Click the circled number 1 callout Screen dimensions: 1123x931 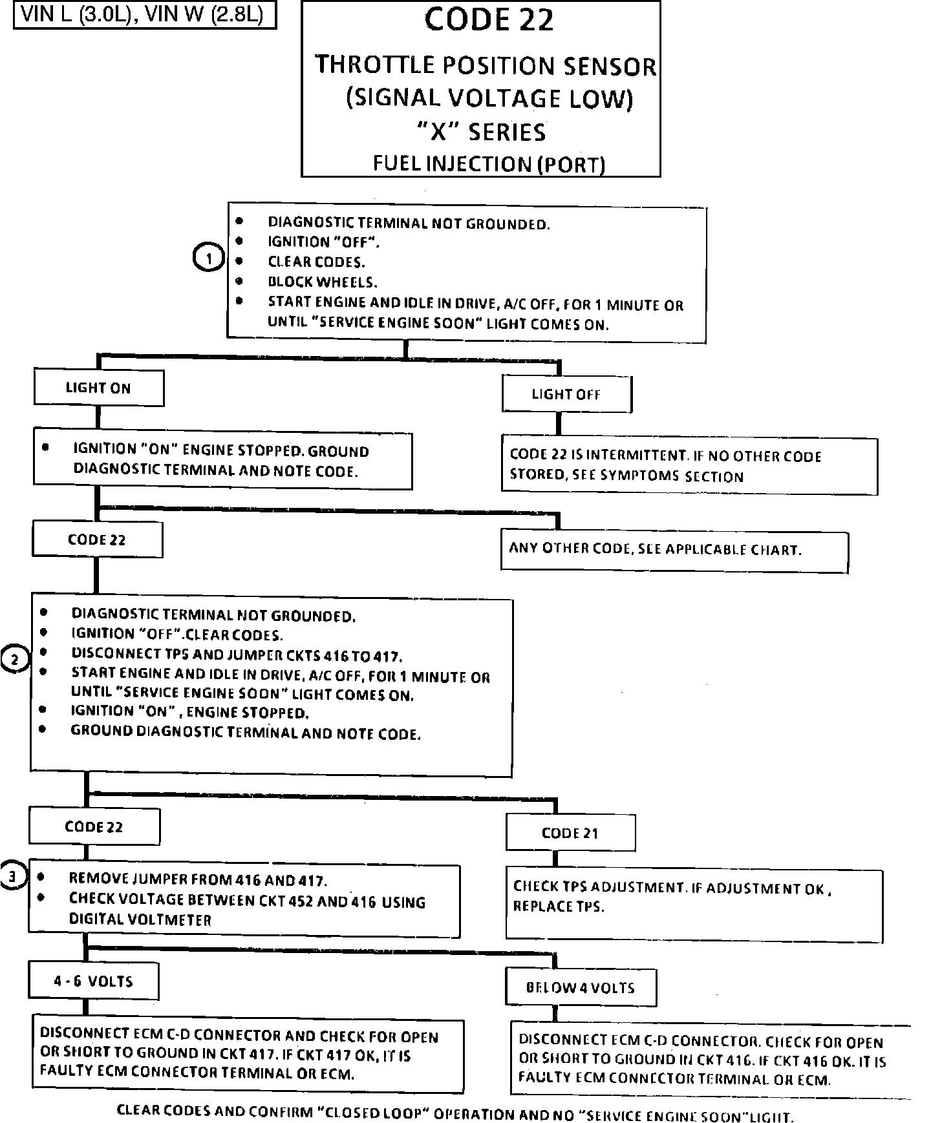click(x=208, y=258)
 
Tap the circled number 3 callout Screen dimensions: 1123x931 click(x=12, y=876)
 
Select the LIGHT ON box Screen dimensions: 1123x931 click(x=98, y=388)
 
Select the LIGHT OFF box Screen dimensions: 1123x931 click(x=566, y=394)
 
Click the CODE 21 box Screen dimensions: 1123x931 click(x=570, y=833)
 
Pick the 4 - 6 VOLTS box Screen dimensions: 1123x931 click(x=94, y=981)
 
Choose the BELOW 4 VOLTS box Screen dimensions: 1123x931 click(x=581, y=987)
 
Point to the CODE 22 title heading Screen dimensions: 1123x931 click(x=489, y=19)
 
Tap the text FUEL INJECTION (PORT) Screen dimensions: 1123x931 click(x=489, y=163)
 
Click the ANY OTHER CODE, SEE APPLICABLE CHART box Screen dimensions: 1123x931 click(x=674, y=550)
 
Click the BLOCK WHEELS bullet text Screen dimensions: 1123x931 click(x=323, y=282)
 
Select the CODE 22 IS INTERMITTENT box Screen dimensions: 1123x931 click(x=689, y=466)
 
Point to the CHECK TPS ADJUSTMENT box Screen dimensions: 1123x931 click(x=694, y=905)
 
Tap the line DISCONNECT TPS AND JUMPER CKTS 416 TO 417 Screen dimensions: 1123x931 click(x=237, y=655)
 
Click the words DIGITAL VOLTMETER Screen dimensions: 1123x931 click(x=140, y=919)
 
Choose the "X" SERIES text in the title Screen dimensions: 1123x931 click(x=480, y=132)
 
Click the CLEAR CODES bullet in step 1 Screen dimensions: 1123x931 click(x=316, y=262)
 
